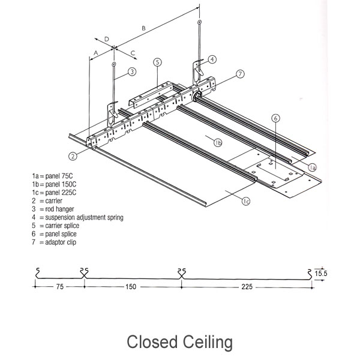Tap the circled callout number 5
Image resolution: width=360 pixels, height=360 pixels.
click(x=157, y=62)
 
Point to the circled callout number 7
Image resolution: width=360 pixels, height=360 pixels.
click(x=239, y=74)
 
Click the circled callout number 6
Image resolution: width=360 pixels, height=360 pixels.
click(x=275, y=119)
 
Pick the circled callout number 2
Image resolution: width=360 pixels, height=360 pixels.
click(x=73, y=157)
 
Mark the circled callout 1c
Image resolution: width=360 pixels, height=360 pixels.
click(x=247, y=201)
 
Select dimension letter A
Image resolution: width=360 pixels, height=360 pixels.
click(x=95, y=53)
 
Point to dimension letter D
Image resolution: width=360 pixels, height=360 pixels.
click(x=107, y=39)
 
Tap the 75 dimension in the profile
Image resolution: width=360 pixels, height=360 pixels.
click(x=58, y=287)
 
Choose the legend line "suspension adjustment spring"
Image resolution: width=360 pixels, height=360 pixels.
click(x=77, y=217)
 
